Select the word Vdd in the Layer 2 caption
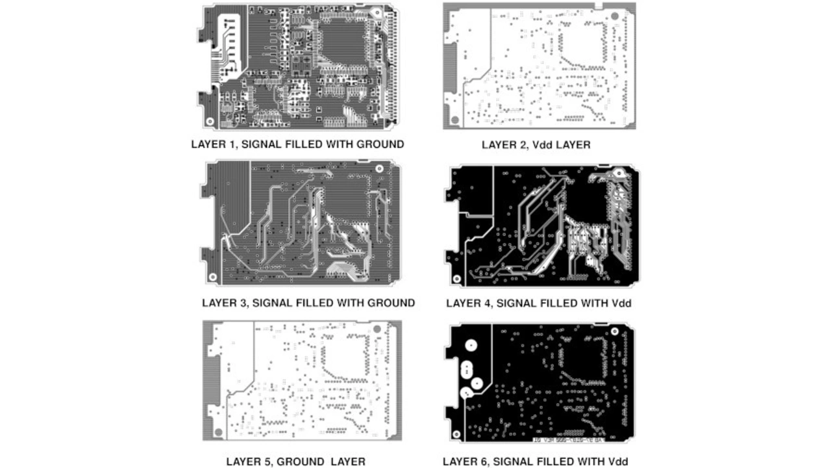click(543, 145)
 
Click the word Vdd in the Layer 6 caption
click(617, 461)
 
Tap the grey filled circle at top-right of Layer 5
click(377, 330)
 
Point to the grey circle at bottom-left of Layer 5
click(218, 432)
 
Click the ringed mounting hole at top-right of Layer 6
click(615, 331)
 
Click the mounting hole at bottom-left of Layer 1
click(210, 122)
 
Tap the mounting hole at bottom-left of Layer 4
click(456, 279)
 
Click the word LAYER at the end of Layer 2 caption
click(573, 145)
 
